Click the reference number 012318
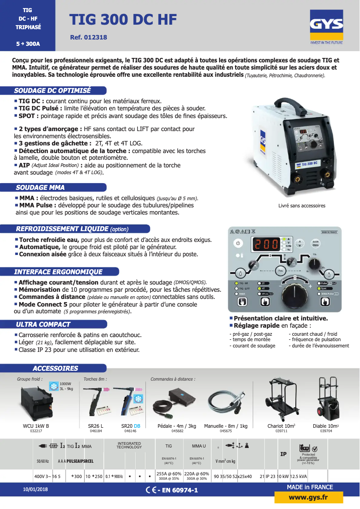89,38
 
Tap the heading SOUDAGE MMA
40,188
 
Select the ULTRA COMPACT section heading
43,324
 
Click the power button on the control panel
238,244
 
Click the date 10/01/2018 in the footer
35,490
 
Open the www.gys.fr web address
308,497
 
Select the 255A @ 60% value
169,474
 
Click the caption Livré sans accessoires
302,206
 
